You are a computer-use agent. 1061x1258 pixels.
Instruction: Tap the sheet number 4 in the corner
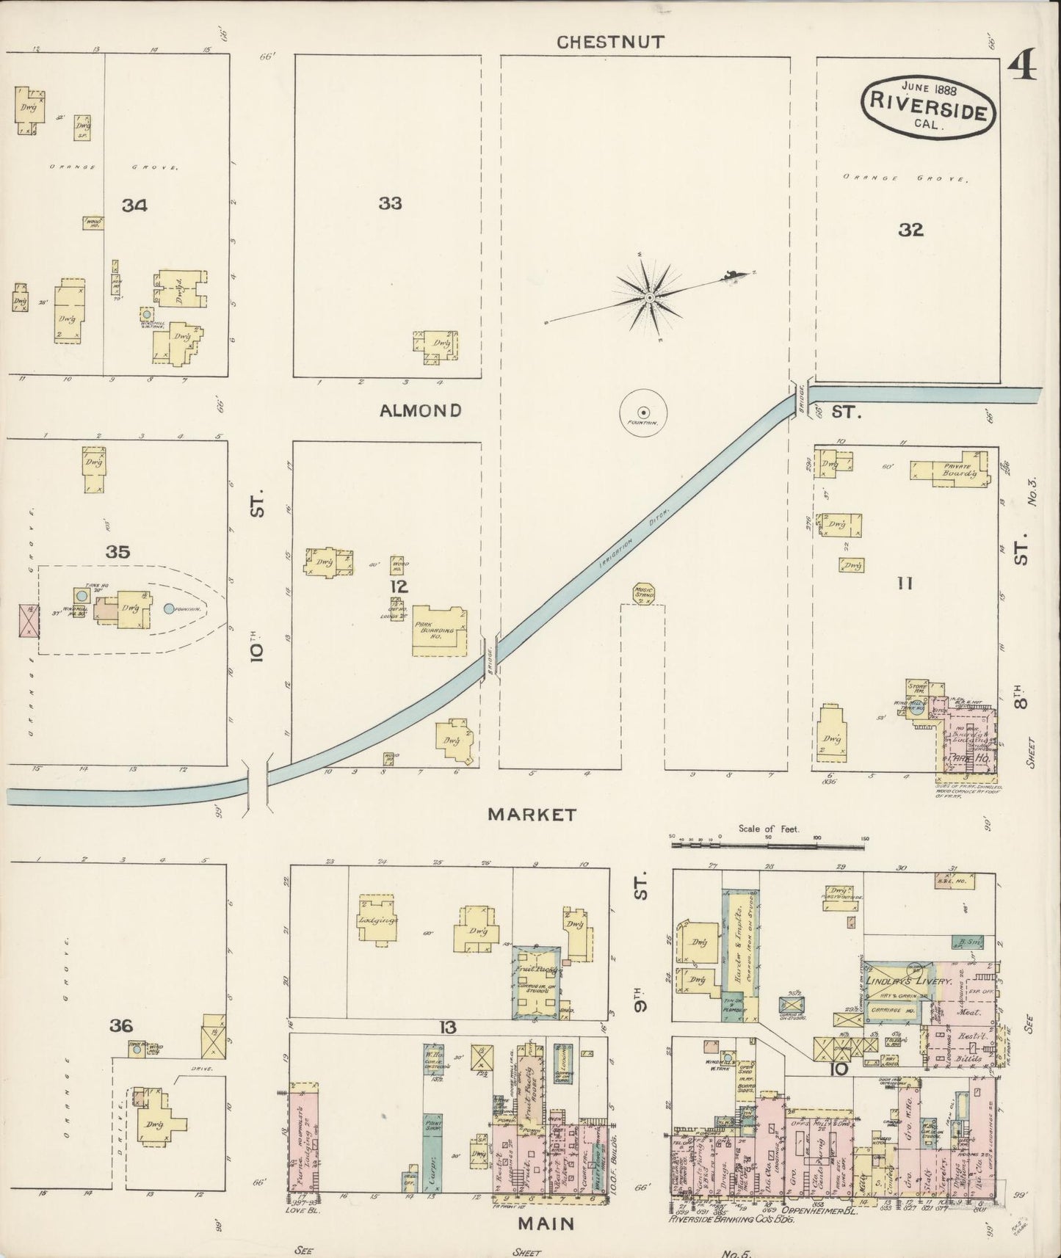tap(1021, 68)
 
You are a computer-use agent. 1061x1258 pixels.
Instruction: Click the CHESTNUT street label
tap(610, 42)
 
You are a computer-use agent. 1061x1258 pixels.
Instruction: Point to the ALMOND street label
tap(420, 410)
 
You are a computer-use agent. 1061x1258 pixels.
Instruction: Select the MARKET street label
tap(532, 814)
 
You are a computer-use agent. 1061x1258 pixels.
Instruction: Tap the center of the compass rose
tap(649, 298)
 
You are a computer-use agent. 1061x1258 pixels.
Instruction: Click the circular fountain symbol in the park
tap(643, 412)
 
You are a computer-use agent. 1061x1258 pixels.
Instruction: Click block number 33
tap(390, 203)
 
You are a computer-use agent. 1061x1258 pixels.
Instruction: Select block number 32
tap(910, 230)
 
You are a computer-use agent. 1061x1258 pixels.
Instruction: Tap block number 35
tap(117, 552)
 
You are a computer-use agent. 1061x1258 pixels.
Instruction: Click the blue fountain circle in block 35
tap(170, 608)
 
